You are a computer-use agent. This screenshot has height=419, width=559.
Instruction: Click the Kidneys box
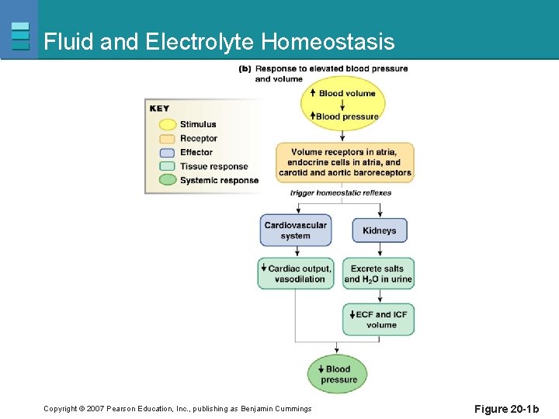click(x=380, y=230)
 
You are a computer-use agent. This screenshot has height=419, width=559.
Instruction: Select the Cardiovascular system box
click(x=295, y=230)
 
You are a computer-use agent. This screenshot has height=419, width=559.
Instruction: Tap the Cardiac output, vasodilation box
click(x=296, y=273)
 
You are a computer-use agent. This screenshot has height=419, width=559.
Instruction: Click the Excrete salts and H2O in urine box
click(x=378, y=273)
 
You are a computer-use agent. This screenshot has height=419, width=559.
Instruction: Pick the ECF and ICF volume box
click(x=379, y=319)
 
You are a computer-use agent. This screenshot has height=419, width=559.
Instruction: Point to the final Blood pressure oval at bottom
click(x=338, y=374)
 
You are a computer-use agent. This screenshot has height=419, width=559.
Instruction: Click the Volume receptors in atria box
click(x=345, y=162)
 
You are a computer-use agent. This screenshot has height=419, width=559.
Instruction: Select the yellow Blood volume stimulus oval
click(x=343, y=104)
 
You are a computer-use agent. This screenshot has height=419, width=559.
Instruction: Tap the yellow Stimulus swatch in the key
click(x=165, y=124)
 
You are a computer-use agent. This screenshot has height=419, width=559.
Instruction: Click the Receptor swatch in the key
click(x=165, y=138)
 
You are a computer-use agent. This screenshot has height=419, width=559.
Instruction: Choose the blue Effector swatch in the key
click(x=165, y=152)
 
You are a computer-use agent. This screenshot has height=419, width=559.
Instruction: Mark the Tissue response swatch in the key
click(x=165, y=166)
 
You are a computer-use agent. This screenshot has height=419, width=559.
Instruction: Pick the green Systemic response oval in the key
click(x=165, y=180)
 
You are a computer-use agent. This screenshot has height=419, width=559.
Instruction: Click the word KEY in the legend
click(x=159, y=108)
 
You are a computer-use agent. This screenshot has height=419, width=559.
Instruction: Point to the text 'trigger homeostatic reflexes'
click(x=341, y=192)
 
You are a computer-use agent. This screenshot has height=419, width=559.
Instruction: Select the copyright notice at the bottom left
click(x=177, y=409)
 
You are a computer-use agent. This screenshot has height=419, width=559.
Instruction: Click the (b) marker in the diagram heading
click(x=245, y=68)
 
